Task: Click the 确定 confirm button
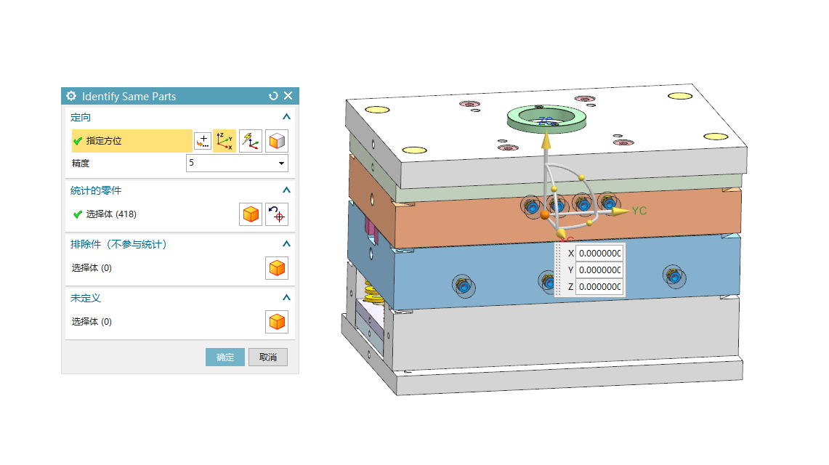pos(225,357)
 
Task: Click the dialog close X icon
pos(288,96)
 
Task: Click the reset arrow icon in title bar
pos(273,96)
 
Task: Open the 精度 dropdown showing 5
pos(237,163)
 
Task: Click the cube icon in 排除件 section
pos(277,268)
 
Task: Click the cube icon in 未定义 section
pos(277,322)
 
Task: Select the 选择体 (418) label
pos(111,214)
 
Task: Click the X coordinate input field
pos(599,253)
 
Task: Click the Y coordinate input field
pos(599,270)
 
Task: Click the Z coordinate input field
pos(599,287)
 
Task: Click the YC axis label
pos(639,211)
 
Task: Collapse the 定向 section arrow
pos(286,117)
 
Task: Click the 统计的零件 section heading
pos(96,190)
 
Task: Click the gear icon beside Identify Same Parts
pos(71,96)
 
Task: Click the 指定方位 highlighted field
pos(132,141)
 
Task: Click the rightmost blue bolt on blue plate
pos(674,276)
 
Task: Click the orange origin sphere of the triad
pos(545,214)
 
